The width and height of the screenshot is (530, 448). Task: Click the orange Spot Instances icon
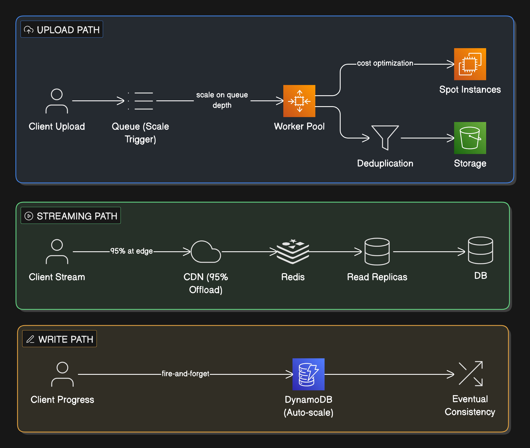(470, 64)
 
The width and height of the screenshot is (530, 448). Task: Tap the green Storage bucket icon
(470, 138)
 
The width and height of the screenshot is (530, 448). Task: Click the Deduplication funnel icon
(385, 138)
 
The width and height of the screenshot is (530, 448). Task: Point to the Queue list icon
(140, 101)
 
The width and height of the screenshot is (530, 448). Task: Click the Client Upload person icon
(57, 101)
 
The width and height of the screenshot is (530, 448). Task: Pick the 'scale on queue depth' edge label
(222, 100)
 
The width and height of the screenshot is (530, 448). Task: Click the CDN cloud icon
(206, 252)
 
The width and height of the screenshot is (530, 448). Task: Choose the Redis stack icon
(293, 252)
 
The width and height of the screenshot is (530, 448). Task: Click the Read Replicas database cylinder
(377, 252)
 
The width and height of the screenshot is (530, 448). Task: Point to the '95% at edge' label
(132, 251)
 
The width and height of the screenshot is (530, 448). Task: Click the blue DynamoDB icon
(308, 374)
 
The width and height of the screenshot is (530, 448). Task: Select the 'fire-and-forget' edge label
(185, 374)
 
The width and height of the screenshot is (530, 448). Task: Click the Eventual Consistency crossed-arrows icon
(470, 373)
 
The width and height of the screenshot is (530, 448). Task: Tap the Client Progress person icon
(62, 374)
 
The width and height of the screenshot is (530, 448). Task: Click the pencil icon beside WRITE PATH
(30, 339)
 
